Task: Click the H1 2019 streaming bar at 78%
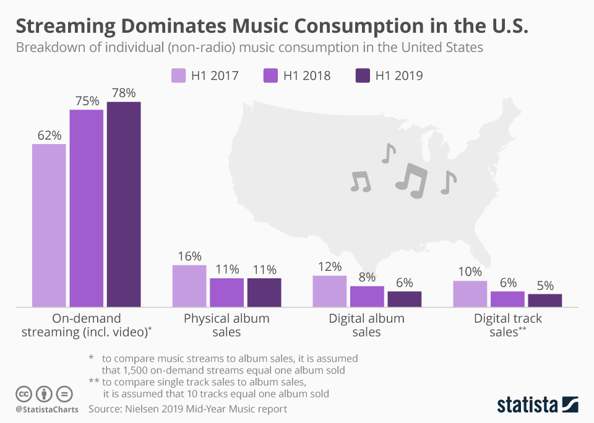point(124,204)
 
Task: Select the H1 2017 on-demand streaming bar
point(49,225)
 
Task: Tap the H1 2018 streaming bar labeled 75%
point(87,208)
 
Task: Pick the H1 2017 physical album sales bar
point(189,286)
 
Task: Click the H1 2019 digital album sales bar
point(405,299)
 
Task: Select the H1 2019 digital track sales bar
point(544,300)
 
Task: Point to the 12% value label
point(330,267)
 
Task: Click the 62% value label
point(49,135)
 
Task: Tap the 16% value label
point(189,256)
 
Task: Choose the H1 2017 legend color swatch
point(178,75)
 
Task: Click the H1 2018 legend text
point(307,75)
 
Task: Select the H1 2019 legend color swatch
point(363,75)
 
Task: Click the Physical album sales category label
point(226,325)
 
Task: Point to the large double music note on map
point(411,180)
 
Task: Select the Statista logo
point(538,404)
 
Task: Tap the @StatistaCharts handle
point(47,409)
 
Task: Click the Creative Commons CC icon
point(24,394)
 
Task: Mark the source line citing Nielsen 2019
point(187,409)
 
